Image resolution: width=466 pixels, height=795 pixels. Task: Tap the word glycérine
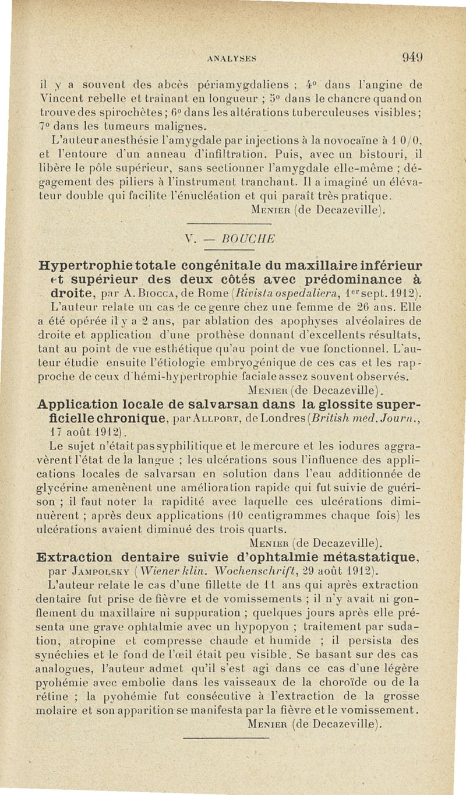[77, 487]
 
